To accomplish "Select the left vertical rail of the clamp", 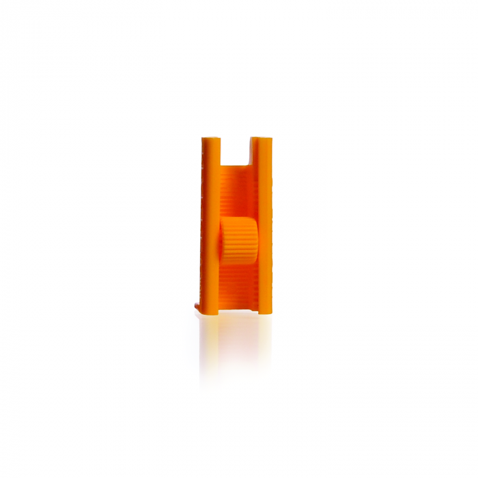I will (x=211, y=225).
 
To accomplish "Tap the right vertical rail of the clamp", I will (x=264, y=225).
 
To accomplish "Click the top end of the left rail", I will (x=211, y=139).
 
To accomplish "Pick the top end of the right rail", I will (x=264, y=139).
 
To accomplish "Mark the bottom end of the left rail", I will (x=211, y=312).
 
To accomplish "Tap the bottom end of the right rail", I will (x=265, y=312).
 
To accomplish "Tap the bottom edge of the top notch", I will (x=238, y=165).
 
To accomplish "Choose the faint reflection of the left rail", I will (x=210, y=341).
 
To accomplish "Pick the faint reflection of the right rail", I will (x=265, y=341).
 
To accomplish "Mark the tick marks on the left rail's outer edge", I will (x=203, y=205).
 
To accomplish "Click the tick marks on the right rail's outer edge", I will (x=272, y=205).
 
